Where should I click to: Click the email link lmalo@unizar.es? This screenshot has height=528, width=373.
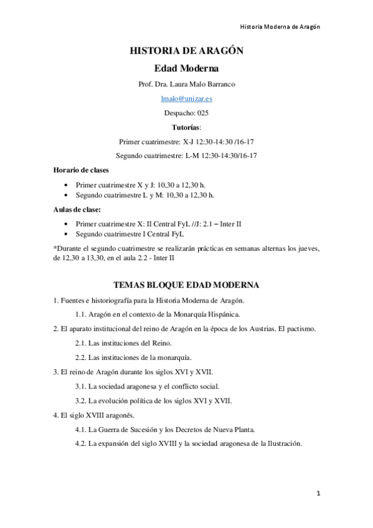click(186, 98)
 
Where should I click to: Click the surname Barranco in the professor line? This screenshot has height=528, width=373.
click(219, 83)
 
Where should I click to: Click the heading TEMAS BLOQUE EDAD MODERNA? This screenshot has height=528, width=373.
click(186, 285)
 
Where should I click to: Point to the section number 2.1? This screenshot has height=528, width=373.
click(80, 343)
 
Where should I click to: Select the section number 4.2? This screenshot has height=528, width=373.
click(80, 444)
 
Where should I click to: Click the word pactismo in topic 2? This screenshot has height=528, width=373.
click(300, 328)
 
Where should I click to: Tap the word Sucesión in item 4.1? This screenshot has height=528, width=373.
click(160, 429)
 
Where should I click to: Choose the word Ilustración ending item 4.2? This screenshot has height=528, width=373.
click(282, 444)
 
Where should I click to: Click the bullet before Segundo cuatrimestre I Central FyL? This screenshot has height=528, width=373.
click(66, 234)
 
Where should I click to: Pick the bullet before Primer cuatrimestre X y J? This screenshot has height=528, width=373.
click(66, 185)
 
